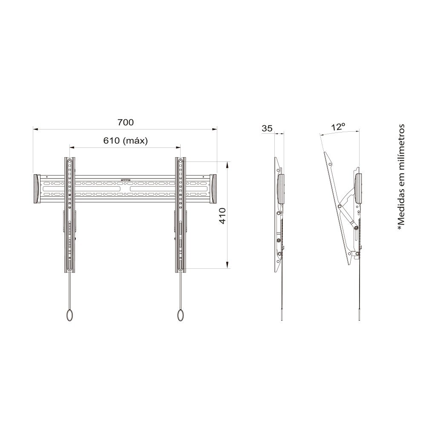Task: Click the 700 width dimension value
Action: [x=126, y=122]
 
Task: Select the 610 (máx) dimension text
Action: [x=125, y=141]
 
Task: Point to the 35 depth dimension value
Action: [x=267, y=128]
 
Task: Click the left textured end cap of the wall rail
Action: [x=37, y=189]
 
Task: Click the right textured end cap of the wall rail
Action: [x=213, y=189]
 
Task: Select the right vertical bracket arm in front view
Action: [x=181, y=213]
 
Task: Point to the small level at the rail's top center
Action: [x=125, y=180]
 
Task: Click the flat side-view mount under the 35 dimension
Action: [x=279, y=213]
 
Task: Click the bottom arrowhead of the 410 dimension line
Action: [x=228, y=266]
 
